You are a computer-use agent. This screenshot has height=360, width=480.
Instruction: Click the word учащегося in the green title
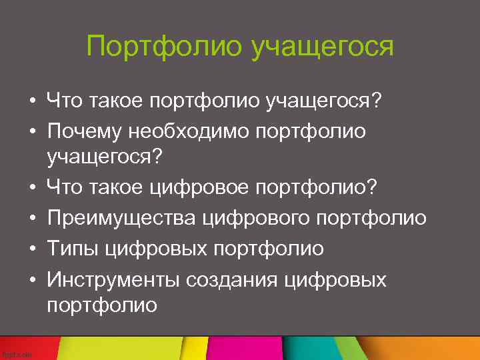323,47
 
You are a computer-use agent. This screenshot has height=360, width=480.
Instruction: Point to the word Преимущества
121,218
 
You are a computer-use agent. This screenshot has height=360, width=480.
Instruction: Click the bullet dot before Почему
31,132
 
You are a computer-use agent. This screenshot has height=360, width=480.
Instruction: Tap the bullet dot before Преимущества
31,219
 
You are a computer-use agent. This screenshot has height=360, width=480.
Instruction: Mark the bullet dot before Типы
31,249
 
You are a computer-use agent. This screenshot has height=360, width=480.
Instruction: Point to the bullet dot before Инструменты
31,280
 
